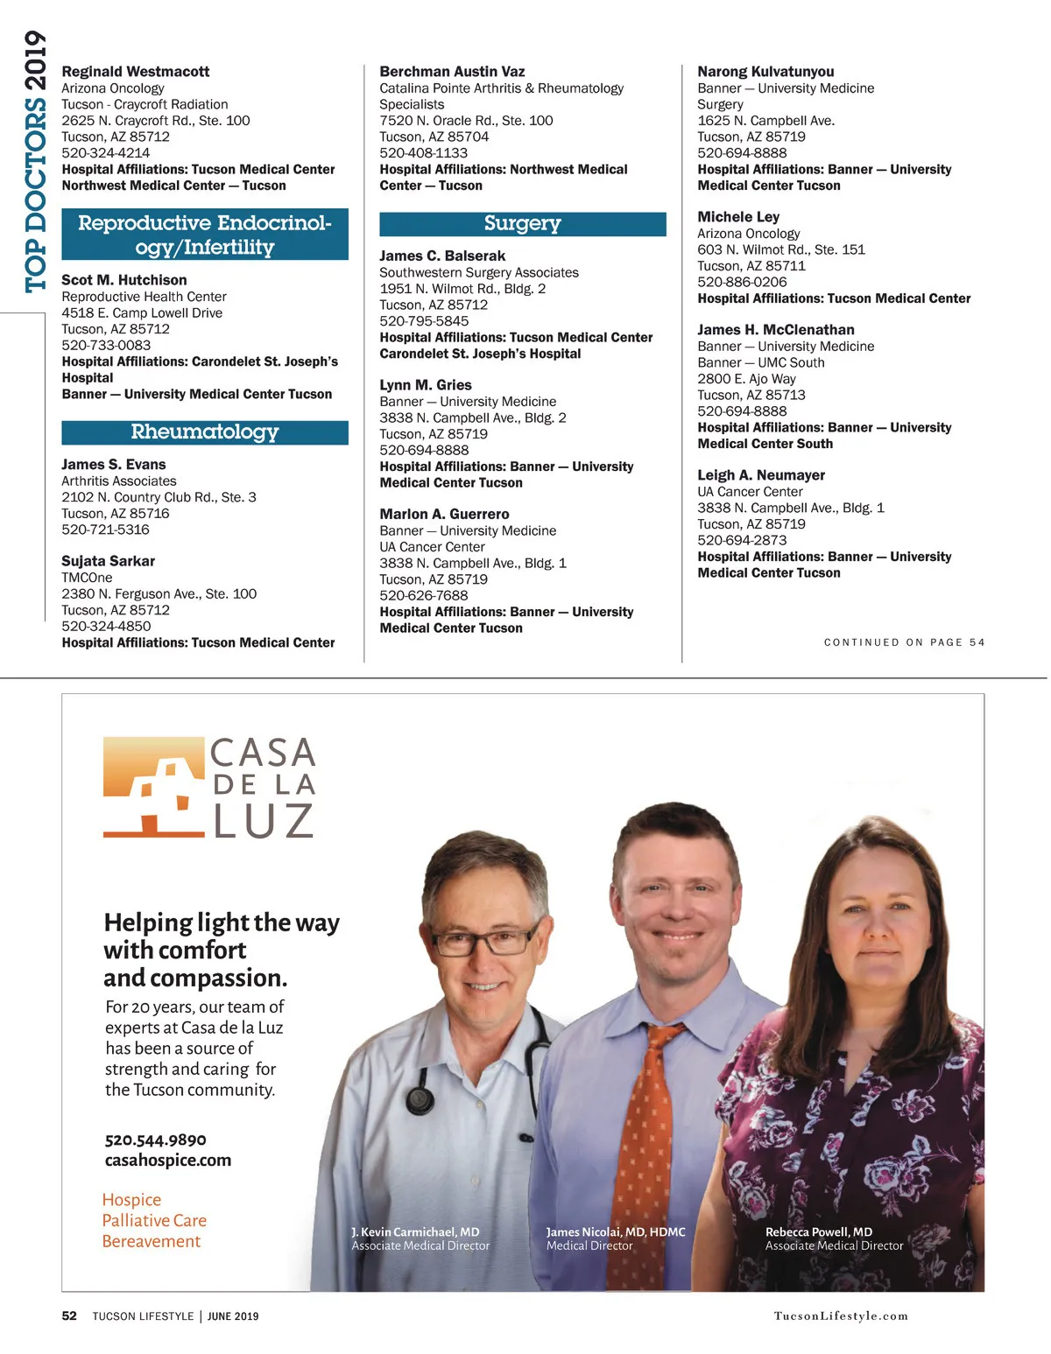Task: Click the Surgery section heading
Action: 522,224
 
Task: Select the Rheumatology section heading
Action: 204,432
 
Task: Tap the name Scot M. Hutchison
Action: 123,280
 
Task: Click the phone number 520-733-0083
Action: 106,345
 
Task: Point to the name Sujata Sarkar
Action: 108,561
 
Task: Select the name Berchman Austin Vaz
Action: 452,72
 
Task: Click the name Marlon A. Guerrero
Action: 444,515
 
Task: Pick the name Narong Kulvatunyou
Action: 765,72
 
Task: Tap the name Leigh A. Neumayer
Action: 761,475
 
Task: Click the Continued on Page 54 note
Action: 904,642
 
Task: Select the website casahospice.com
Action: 168,1161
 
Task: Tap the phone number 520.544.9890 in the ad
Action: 156,1140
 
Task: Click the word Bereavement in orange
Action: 152,1241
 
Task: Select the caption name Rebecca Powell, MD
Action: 819,1231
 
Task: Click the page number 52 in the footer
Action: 69,1315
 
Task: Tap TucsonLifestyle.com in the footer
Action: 841,1315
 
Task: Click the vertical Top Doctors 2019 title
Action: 35,162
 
